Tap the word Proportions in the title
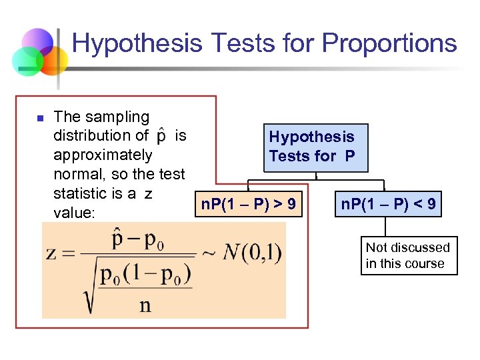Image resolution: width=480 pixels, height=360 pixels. (x=389, y=43)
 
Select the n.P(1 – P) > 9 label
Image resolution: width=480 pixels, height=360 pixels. (x=249, y=204)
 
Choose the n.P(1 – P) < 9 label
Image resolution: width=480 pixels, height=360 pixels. (x=389, y=204)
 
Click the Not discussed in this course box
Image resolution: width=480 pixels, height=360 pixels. (x=408, y=255)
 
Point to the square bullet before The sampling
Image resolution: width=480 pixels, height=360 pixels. (x=39, y=119)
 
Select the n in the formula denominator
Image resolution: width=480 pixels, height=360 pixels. (x=145, y=306)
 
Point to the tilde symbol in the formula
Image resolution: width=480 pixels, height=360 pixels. (x=210, y=254)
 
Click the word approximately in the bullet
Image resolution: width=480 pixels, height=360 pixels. (x=103, y=155)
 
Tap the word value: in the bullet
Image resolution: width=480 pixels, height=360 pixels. (x=75, y=213)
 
